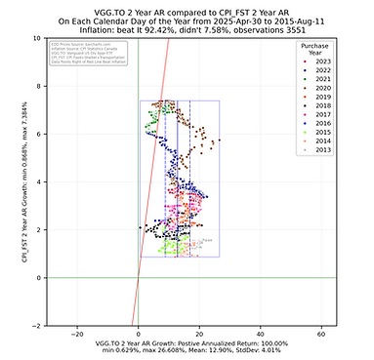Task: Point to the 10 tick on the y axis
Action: point(35,38)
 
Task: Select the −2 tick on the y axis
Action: point(35,325)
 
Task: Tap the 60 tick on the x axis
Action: point(320,333)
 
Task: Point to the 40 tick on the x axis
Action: point(260,333)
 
